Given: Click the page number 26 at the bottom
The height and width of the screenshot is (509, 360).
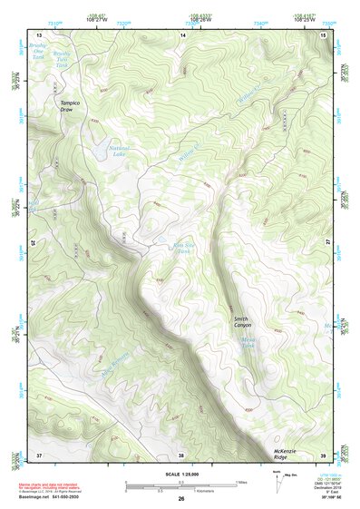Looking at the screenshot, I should pos(181,499).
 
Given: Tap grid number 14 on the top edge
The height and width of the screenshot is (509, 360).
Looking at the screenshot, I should pos(181,34).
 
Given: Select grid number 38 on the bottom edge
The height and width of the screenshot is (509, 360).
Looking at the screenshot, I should pos(181,455).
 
